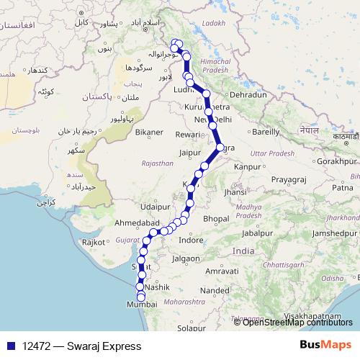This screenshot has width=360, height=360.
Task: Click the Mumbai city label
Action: pos(142,305)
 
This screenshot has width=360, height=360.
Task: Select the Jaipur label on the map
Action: pos(190,153)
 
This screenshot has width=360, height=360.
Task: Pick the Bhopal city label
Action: pos(216,217)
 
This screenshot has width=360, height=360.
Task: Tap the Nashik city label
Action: pos(156,287)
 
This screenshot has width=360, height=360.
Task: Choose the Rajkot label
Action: pos(94,243)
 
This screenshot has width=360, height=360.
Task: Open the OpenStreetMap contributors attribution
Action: pos(297,322)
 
